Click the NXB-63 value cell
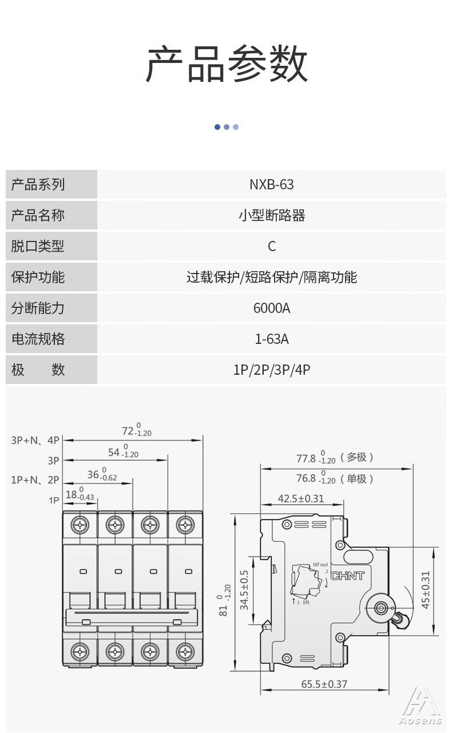pos(272,185)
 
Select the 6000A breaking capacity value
pos(272,308)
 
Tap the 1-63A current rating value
pos(272,339)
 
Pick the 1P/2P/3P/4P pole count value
pos(272,370)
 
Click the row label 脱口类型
pos(38,246)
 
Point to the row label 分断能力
pos(38,308)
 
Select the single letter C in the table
pos(272,247)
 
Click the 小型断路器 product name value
pos(272,215)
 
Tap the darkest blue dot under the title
pos(217,127)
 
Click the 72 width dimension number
pos(128,431)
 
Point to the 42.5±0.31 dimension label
pos(301,498)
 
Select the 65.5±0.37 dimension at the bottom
pos(324,684)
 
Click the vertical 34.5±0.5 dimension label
pos(244,590)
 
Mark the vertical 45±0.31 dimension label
pos(425,590)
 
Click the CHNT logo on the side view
pos(348,576)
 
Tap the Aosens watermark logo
pos(421,708)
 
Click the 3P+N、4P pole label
pos(35,440)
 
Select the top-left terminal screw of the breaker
pos(80,525)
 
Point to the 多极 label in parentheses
pos(357,457)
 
